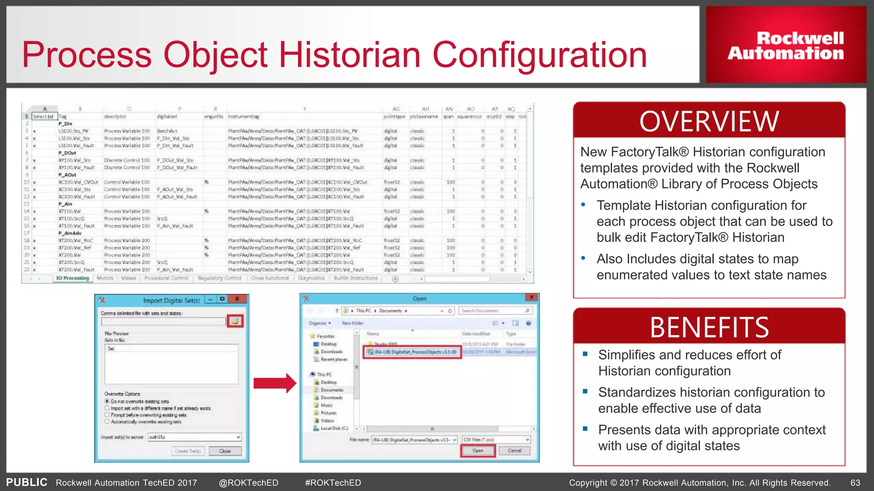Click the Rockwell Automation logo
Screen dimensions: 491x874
click(786, 45)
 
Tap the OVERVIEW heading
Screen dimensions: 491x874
click(709, 121)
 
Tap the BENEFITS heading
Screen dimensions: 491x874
click(709, 327)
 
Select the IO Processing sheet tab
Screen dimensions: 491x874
click(73, 278)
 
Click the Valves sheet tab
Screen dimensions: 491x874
click(128, 278)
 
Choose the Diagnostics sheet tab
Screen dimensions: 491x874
click(311, 278)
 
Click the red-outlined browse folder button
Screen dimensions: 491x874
click(235, 321)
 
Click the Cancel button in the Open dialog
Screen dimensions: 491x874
click(515, 451)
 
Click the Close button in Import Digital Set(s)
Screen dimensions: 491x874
click(225, 451)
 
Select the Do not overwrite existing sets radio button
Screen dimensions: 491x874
click(107, 401)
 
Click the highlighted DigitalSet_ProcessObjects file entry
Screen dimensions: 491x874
click(412, 352)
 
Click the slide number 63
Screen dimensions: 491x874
click(855, 483)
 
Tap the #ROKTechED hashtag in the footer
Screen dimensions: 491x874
click(333, 483)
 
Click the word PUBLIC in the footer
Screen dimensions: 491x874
click(26, 482)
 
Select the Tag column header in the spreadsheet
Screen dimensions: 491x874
click(63, 116)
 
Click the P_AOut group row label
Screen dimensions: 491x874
click(67, 175)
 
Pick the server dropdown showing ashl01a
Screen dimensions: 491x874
click(195, 437)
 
